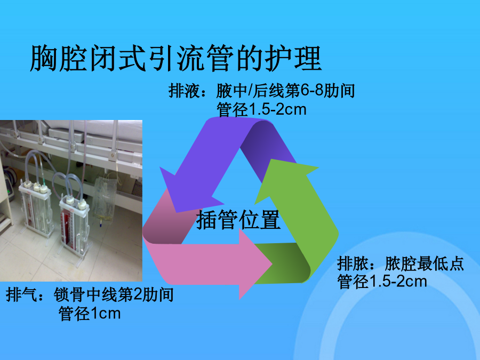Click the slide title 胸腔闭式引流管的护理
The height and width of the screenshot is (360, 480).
point(175,58)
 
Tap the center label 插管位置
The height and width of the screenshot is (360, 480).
point(238,220)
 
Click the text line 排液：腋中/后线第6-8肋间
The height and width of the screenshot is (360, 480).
point(262,91)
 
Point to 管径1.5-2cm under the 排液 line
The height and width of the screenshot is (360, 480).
point(261,109)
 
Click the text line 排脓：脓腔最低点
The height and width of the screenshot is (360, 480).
point(401,263)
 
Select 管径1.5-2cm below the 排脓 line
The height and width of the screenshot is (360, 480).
point(382,281)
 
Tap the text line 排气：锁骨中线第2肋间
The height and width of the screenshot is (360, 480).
point(90,294)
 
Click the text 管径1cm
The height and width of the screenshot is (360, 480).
point(90,314)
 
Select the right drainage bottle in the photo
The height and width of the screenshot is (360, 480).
point(75,223)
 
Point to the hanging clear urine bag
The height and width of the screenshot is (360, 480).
point(104,199)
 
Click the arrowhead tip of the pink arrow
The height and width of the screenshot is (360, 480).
point(272,263)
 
